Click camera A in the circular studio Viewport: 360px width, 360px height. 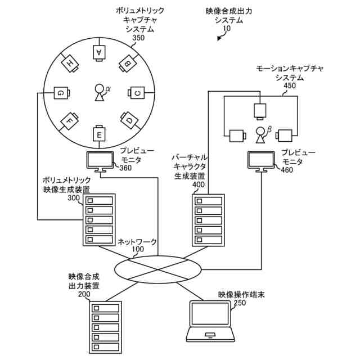100,52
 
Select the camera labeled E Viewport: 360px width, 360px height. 100,134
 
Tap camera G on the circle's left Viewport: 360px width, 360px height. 60,92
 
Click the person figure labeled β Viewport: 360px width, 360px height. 260,134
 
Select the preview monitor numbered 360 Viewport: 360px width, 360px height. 99,161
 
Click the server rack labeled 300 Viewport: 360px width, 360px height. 99,219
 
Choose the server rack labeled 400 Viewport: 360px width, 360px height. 208,220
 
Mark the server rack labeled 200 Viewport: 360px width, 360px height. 105,327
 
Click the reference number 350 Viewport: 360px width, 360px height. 138,38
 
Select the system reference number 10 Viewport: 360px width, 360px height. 227,28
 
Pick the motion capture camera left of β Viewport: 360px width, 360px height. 236,135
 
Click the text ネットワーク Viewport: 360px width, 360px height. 137,242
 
